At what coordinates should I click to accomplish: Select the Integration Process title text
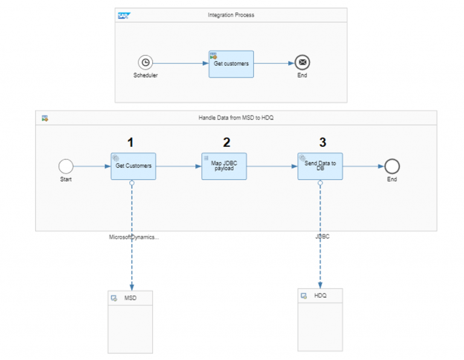(x=231, y=14)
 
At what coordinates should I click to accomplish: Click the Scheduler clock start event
(x=145, y=62)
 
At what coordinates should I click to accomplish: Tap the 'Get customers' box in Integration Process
(x=231, y=63)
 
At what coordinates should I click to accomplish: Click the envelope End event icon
(x=302, y=62)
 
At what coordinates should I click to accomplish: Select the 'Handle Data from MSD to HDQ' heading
(x=236, y=118)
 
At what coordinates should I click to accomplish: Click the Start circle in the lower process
(x=65, y=166)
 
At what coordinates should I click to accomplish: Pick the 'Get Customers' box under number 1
(x=133, y=166)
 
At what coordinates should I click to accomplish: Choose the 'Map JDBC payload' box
(x=224, y=166)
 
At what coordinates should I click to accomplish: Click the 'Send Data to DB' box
(x=320, y=166)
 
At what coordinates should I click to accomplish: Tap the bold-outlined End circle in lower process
(x=393, y=166)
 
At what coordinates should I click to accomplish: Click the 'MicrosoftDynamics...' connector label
(x=134, y=237)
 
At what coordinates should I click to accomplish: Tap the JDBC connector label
(x=322, y=237)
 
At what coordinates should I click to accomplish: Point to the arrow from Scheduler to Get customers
(x=181, y=62)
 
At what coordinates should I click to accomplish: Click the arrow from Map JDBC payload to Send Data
(x=272, y=166)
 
